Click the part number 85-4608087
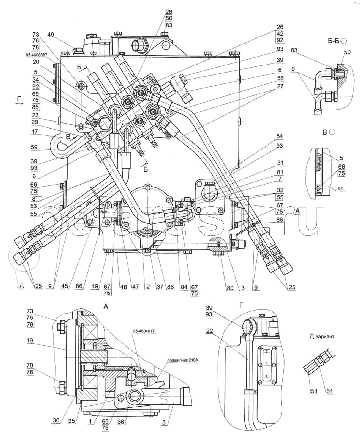click(36, 55)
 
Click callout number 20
click(36, 62)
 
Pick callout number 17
click(35, 131)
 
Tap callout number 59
click(34, 147)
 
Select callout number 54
click(279, 136)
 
